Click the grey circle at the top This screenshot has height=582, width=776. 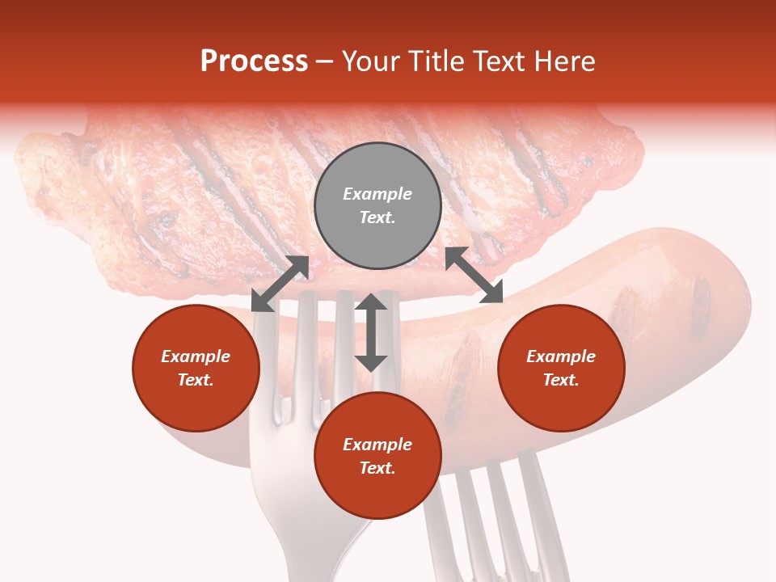(377, 206)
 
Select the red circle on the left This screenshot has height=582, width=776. (196, 369)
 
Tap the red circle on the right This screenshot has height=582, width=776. (561, 369)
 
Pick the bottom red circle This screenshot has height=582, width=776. (377, 456)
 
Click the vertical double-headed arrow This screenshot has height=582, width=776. (371, 332)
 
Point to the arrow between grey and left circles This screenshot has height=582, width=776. (280, 284)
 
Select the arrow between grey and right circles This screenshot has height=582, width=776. (474, 275)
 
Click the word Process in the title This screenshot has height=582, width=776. (254, 61)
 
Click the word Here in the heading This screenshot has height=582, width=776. (565, 61)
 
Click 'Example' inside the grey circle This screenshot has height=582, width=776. (377, 194)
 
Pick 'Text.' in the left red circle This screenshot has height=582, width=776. (196, 380)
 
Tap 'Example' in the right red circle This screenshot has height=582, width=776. (561, 356)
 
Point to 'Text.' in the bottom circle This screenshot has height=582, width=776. (377, 468)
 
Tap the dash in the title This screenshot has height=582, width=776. (325, 61)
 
